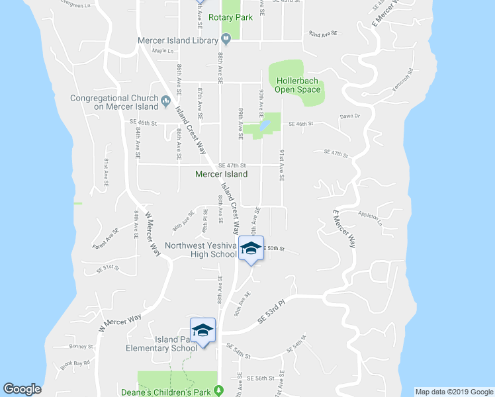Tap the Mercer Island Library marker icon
point(226,38)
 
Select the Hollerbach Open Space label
point(296,85)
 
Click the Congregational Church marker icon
point(166,102)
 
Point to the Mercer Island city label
point(222,175)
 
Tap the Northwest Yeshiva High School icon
point(251,248)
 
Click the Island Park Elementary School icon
point(203,331)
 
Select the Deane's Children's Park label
point(175,392)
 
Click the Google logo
point(22,389)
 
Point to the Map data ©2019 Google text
point(454,392)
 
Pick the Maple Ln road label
point(161,50)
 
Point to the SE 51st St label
point(107,269)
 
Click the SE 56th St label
point(260,378)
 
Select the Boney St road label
point(81,346)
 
